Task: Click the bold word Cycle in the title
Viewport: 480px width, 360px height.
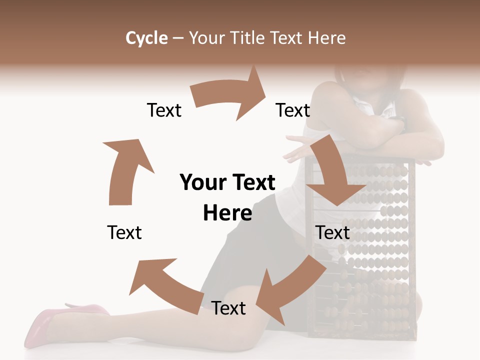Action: tap(146, 38)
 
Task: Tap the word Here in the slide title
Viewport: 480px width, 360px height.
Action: tap(327, 38)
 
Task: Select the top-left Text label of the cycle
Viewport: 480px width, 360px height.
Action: tap(164, 110)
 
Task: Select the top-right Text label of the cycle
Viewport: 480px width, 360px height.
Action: tap(293, 110)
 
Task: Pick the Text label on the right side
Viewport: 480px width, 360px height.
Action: tap(332, 232)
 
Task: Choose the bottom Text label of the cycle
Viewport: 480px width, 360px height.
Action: tap(228, 308)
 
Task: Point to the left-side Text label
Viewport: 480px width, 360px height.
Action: tap(124, 232)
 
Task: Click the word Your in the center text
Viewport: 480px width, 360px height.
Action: tap(203, 182)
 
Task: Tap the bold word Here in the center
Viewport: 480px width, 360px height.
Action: tap(227, 213)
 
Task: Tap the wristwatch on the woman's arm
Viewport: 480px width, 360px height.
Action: tap(400, 122)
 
